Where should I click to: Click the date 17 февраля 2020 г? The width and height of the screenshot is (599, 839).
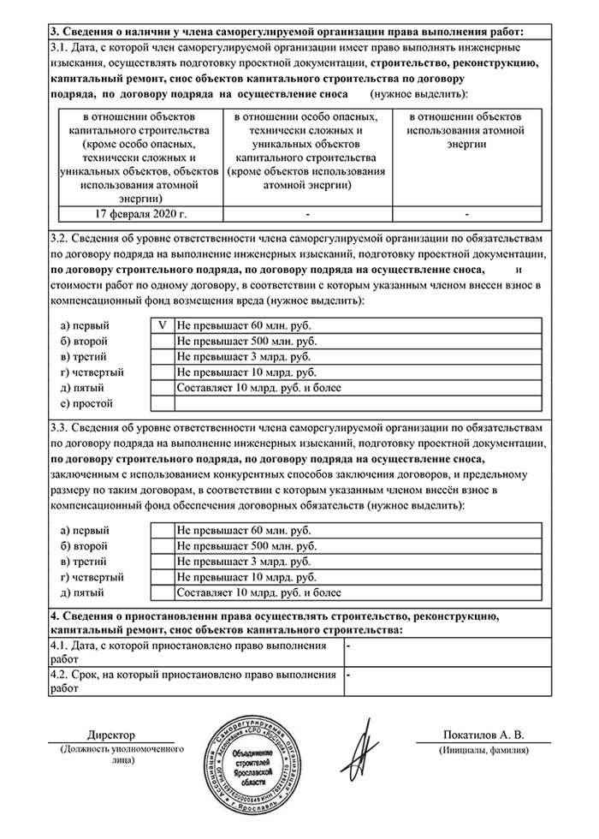[x=140, y=212]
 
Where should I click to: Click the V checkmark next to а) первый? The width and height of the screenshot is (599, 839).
[x=162, y=326]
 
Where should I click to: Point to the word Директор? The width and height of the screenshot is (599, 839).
[x=111, y=735]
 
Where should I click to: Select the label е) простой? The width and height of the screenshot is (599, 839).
[x=86, y=403]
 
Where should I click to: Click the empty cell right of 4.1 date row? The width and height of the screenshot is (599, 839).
[x=446, y=652]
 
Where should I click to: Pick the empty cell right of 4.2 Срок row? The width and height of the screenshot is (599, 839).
[x=446, y=681]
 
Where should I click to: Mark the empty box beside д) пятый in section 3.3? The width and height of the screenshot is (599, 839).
[x=162, y=592]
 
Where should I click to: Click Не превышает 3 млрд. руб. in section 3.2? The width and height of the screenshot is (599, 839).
[x=243, y=357]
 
